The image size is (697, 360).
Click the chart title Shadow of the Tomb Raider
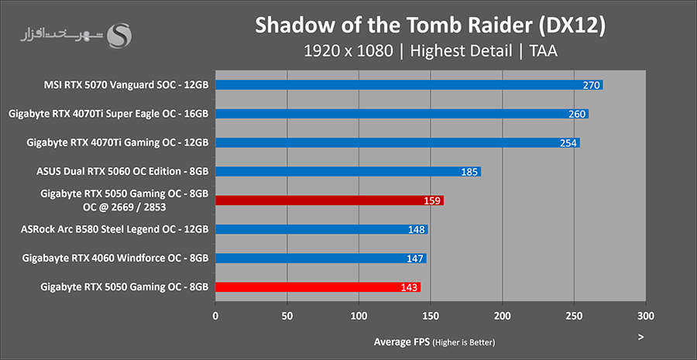click(x=430, y=26)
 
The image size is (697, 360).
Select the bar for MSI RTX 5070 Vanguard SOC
click(x=408, y=85)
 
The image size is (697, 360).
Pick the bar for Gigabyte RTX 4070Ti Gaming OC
click(x=397, y=142)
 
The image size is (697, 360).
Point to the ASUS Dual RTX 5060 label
click(x=122, y=171)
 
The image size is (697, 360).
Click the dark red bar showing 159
click(x=329, y=201)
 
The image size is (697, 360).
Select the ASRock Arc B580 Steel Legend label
click(x=115, y=229)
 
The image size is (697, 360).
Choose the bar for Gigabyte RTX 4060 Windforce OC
click(x=320, y=258)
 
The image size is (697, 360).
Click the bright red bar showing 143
click(x=318, y=287)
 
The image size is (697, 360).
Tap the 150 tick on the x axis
click(x=431, y=316)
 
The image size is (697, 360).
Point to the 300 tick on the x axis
click(x=646, y=316)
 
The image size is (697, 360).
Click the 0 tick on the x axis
click(x=215, y=316)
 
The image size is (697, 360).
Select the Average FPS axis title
click(x=402, y=341)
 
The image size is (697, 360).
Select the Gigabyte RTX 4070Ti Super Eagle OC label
click(x=108, y=114)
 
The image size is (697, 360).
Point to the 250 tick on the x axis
click(x=574, y=316)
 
